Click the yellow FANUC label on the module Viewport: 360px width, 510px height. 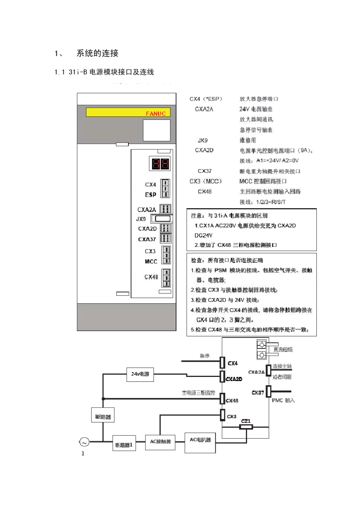click(x=128, y=113)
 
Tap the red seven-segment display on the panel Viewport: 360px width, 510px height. click(x=160, y=164)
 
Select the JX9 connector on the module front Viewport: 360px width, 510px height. click(x=162, y=219)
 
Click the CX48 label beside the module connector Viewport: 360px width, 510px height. click(x=151, y=277)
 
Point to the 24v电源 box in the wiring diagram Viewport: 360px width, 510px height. click(x=140, y=374)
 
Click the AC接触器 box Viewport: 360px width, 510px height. click(x=160, y=442)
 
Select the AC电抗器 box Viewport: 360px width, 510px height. click(x=200, y=440)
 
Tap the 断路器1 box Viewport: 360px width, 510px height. click(x=124, y=445)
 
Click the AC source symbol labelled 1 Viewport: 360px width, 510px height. click(x=83, y=442)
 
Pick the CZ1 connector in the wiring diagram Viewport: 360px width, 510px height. click(x=246, y=427)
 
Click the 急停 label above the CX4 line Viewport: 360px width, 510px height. click(x=204, y=356)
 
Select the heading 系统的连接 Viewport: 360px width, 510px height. click(x=97, y=53)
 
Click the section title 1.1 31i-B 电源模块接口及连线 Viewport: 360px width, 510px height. click(x=104, y=72)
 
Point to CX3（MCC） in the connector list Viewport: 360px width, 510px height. click(x=206, y=181)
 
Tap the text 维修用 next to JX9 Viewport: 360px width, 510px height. click(x=247, y=140)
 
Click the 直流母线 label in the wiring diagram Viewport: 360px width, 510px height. click(x=283, y=349)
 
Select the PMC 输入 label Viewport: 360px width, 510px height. click(x=283, y=400)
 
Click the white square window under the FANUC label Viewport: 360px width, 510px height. click(x=157, y=130)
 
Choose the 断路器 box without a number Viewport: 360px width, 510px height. click(x=103, y=417)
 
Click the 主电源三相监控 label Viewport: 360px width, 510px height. click(x=198, y=393)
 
